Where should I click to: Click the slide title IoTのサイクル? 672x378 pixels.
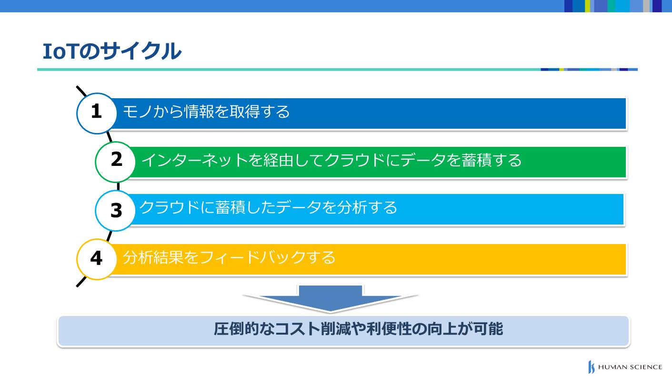(112, 51)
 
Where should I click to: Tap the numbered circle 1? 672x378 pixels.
(96, 113)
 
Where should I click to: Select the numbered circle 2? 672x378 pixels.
(115, 162)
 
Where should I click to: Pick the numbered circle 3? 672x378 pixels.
(115, 211)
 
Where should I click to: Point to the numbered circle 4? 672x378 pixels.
(96, 259)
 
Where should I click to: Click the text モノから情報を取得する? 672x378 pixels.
(206, 112)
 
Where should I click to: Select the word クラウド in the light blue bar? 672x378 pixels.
(170, 207)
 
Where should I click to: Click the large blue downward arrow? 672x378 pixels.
(331, 299)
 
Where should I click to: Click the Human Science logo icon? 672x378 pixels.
(591, 367)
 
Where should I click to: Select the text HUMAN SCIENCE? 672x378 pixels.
(630, 367)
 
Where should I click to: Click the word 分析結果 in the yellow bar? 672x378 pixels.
(153, 257)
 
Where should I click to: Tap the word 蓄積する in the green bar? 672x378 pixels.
(491, 160)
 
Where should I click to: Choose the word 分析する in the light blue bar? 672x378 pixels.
(367, 207)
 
